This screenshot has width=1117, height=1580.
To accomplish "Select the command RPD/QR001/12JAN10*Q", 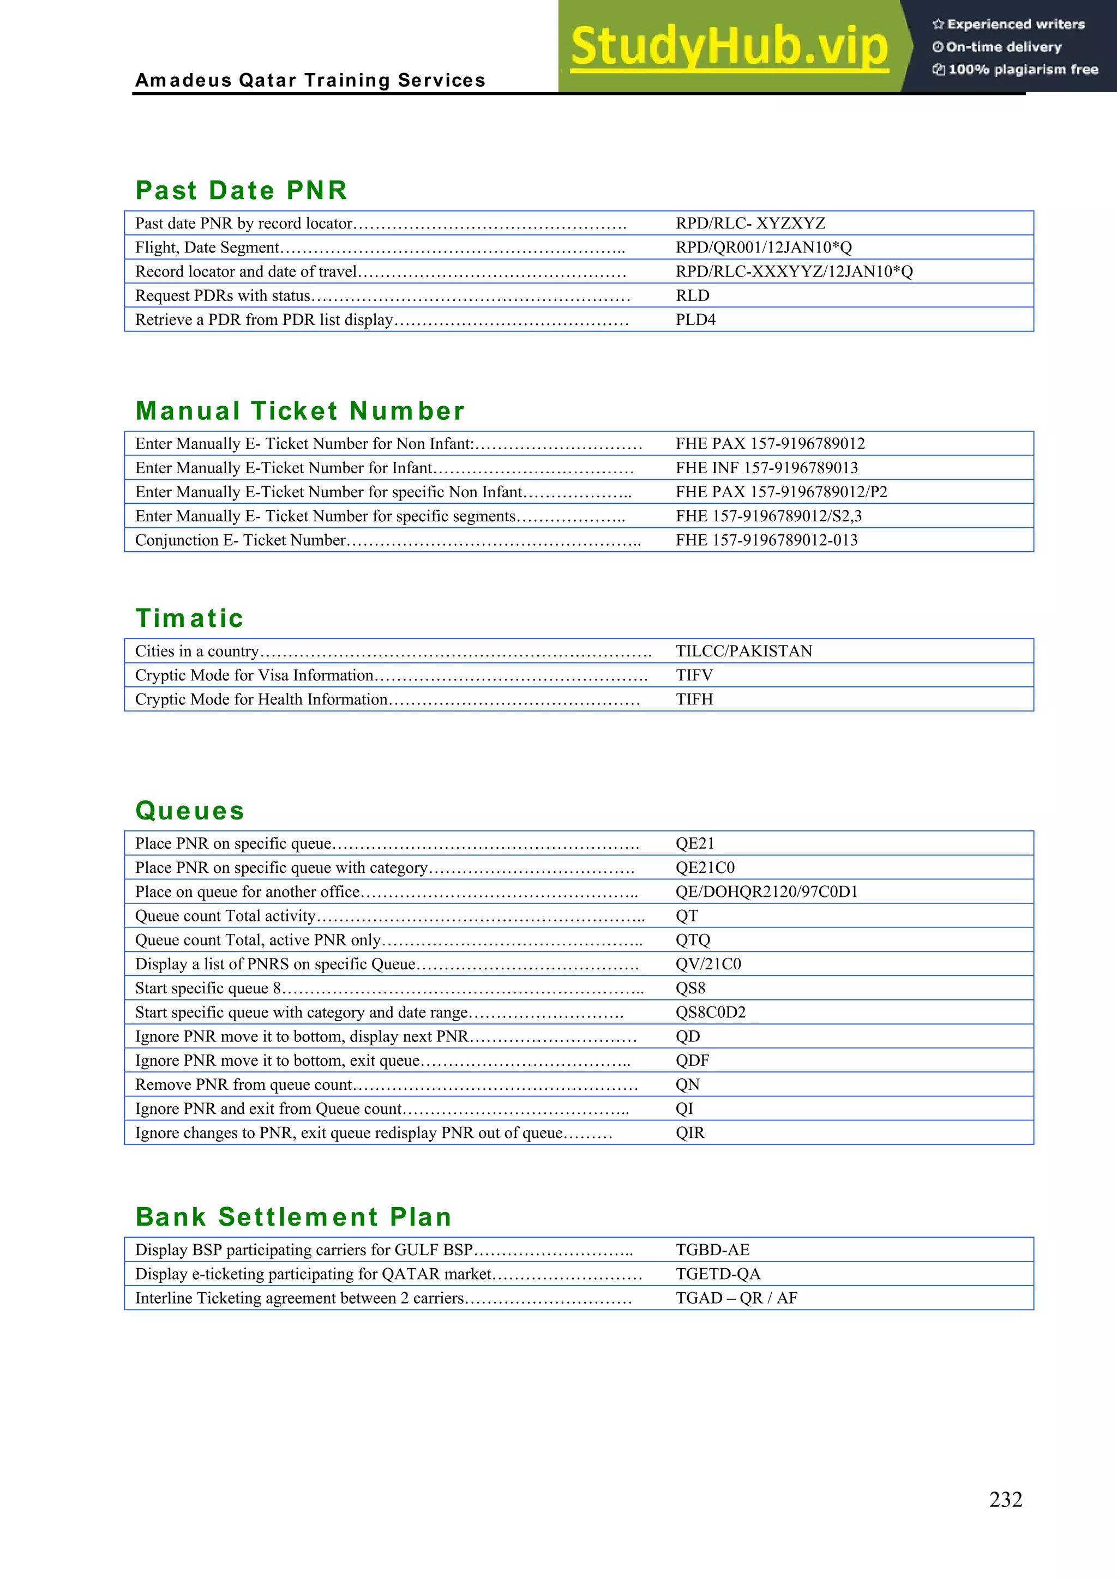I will pos(763,247).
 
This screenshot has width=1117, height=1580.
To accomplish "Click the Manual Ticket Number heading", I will pos(300,411).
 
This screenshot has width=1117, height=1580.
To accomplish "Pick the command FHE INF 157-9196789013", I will pos(766,468).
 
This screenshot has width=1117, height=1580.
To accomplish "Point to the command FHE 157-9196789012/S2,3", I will pos(768,516).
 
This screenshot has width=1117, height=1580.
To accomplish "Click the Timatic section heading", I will pos(189,618).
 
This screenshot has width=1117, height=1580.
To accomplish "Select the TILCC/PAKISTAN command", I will pos(743,651).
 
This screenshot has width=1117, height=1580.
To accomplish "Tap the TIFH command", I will pos(694,699).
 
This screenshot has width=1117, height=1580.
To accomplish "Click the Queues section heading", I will pos(190,811).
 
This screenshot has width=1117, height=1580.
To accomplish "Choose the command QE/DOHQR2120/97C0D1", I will pos(766,892).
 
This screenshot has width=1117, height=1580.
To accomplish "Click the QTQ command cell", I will pos(692,940).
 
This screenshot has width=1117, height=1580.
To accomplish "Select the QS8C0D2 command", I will pos(710,1012).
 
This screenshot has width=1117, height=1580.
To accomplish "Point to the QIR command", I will pos(689,1133).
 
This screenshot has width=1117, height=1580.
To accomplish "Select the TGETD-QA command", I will pos(718,1274).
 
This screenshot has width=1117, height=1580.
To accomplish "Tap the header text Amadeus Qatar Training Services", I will pos(310,81).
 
